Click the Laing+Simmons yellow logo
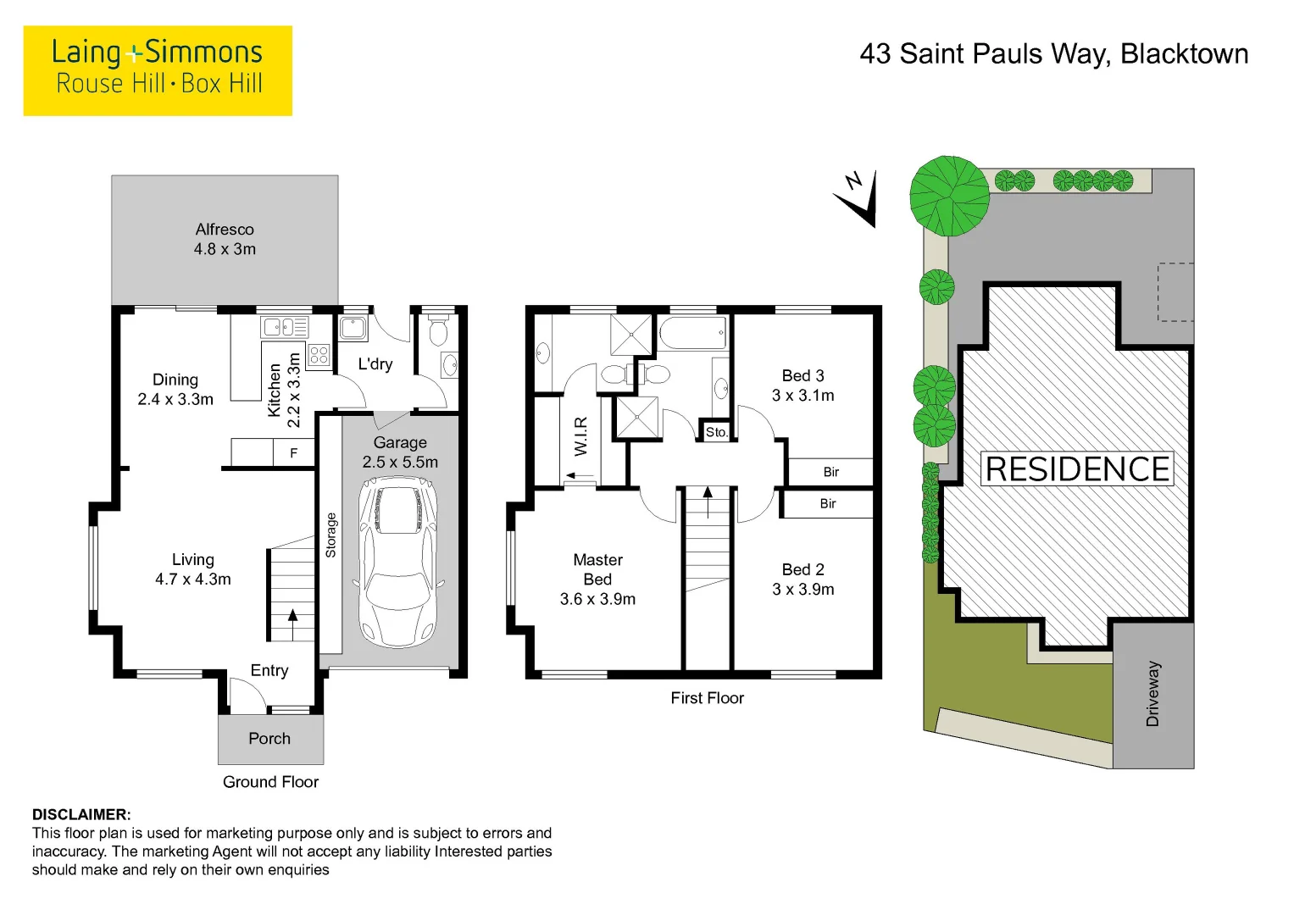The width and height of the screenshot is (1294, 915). [x=158, y=70]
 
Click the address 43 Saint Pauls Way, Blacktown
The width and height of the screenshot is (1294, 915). [x=1053, y=54]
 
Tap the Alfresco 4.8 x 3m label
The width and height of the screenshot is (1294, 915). [x=225, y=239]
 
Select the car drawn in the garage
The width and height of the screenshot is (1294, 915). [x=398, y=559]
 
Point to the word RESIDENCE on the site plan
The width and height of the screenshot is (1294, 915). [x=1077, y=469]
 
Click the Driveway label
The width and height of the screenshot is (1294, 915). [x=1152, y=695]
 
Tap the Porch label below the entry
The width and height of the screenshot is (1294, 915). [x=269, y=739]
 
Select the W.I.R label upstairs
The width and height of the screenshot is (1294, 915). [x=580, y=436]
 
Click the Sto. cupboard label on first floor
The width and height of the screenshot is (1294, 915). [x=717, y=432]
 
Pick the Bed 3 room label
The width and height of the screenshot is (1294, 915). [x=803, y=385]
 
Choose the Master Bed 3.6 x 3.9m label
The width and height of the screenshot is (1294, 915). [x=597, y=579]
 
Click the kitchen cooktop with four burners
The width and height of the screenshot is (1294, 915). [x=319, y=356]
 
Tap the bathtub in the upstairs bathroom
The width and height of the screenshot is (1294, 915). [x=693, y=333]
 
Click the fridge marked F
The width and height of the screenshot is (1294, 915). [x=294, y=453]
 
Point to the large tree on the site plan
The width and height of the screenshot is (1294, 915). [x=949, y=196]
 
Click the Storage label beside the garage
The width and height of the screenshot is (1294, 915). [x=330, y=535]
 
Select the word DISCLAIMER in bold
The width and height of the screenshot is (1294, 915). [x=81, y=815]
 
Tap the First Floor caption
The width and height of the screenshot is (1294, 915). [x=707, y=698]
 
